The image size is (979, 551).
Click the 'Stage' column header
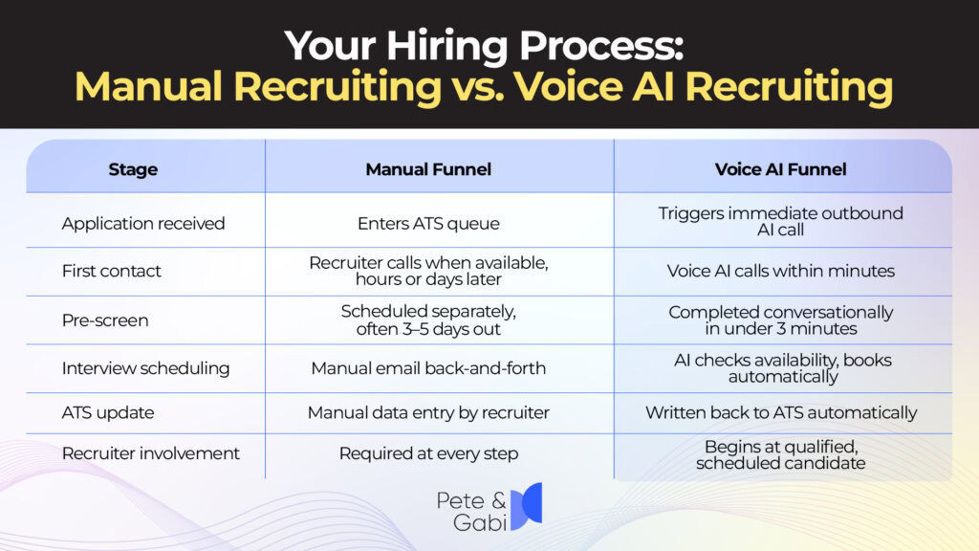pos(133,169)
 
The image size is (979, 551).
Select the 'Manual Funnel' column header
pos(428,169)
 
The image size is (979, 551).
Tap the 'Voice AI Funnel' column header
pos(780,169)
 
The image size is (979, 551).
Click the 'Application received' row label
pos(143,224)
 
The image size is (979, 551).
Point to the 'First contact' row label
pos(112,272)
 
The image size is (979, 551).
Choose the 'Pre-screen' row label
pos(105,320)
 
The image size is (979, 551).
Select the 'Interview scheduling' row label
pos(145,368)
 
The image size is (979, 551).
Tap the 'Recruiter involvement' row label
pos(151,453)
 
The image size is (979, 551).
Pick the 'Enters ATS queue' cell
pos(428,224)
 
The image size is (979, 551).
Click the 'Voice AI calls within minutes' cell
pos(780,272)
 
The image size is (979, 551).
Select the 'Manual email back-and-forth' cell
pos(428,368)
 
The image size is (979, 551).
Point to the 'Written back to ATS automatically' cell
pos(780,413)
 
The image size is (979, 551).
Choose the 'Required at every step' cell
pos(428,453)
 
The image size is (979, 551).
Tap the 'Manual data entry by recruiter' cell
pos(428,413)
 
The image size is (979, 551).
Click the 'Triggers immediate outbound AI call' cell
pos(780,221)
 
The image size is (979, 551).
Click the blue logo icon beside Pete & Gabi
pos(527,507)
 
